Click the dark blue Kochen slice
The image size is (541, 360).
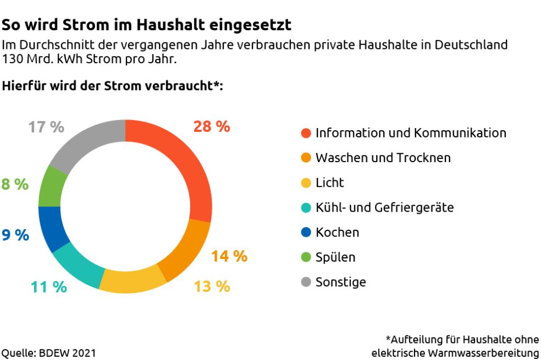(x=53, y=228)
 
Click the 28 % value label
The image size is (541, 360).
(x=212, y=126)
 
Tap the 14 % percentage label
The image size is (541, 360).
(x=229, y=256)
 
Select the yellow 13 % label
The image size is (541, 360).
(x=212, y=286)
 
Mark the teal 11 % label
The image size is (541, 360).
(x=49, y=286)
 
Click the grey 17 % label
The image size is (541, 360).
(x=46, y=127)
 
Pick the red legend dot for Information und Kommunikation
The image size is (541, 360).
(x=306, y=133)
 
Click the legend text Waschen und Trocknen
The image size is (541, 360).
(x=383, y=158)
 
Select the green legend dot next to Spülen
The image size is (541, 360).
(x=306, y=257)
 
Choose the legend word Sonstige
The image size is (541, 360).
(x=340, y=283)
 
